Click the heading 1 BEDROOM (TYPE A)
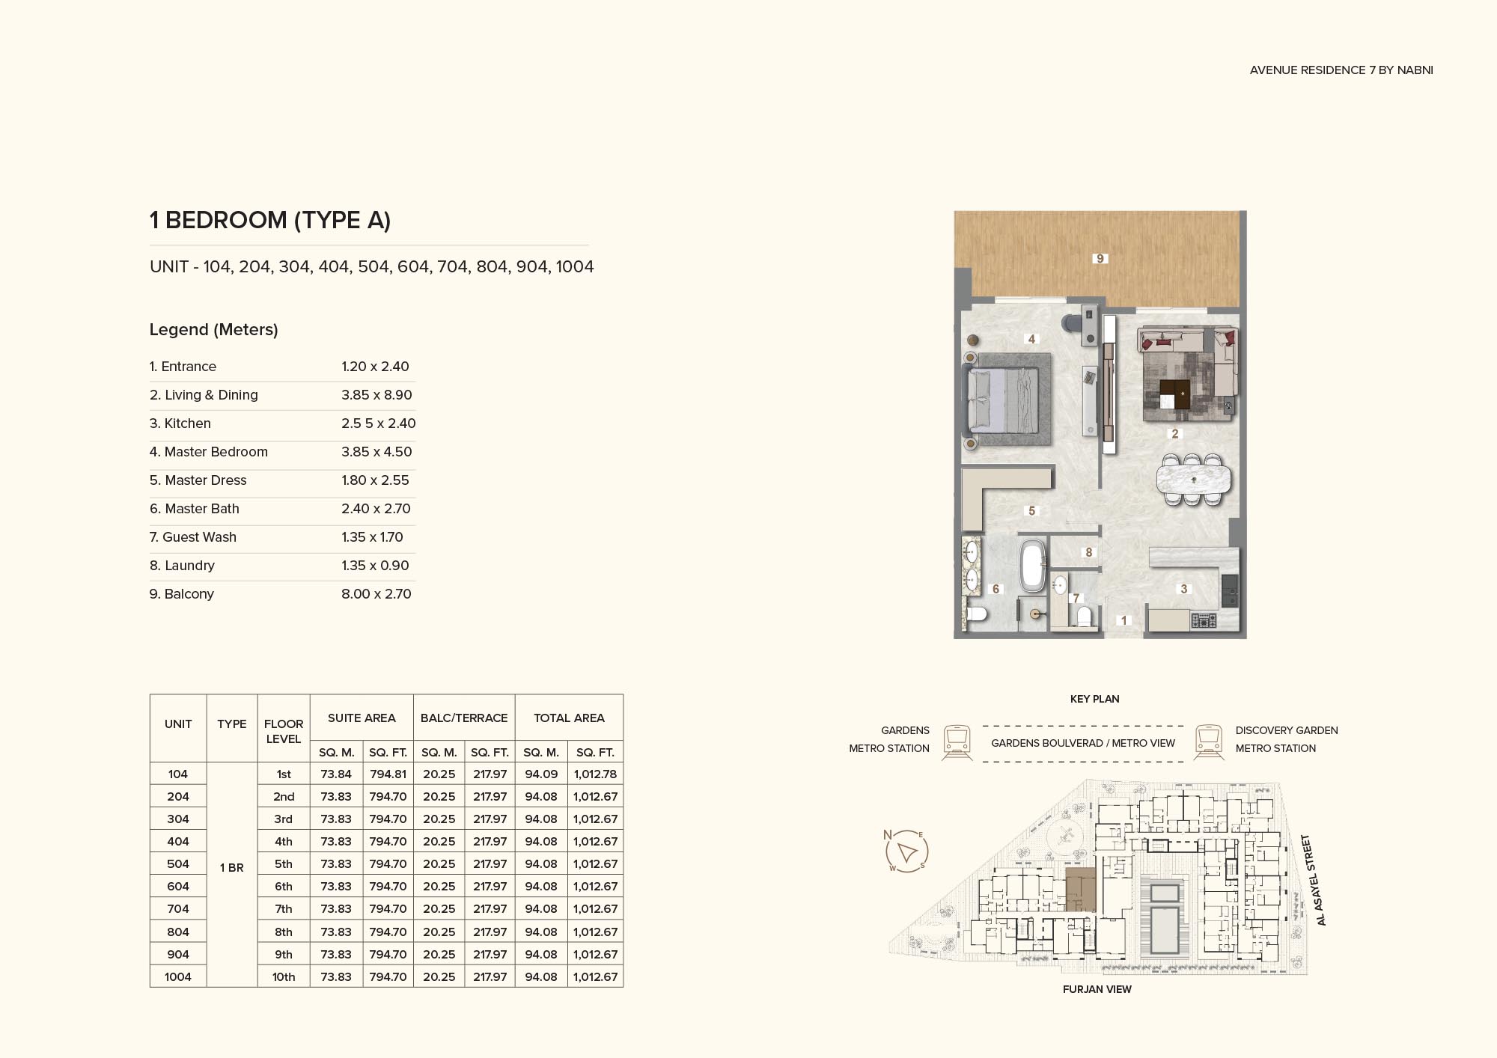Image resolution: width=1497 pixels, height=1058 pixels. point(270,220)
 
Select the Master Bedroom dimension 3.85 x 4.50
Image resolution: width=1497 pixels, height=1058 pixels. point(376,452)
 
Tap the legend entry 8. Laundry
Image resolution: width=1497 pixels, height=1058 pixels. point(182,566)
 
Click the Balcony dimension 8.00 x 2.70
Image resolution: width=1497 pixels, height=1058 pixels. point(376,594)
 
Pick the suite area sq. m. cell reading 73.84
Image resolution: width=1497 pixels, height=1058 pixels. point(336,774)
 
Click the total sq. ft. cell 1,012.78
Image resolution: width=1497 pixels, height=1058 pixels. point(595,774)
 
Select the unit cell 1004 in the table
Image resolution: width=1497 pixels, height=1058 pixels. point(178,976)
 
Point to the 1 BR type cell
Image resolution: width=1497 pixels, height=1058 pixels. point(231,868)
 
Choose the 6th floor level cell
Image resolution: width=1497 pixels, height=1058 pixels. point(284,887)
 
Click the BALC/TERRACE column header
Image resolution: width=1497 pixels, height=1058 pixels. point(464,718)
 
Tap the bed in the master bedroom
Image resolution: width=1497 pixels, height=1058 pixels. point(1003,402)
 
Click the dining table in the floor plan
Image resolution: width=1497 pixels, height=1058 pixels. point(1193,480)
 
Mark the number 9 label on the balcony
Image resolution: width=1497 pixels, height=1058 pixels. point(1100,259)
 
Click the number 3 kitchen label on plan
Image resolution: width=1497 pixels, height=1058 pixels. point(1184,589)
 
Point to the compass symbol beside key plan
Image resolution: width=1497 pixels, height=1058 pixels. point(906,851)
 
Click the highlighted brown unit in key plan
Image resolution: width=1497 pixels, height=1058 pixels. point(1080,889)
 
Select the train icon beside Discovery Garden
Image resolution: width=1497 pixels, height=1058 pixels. point(1208,741)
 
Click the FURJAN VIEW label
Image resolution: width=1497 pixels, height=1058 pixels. point(1097,989)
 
